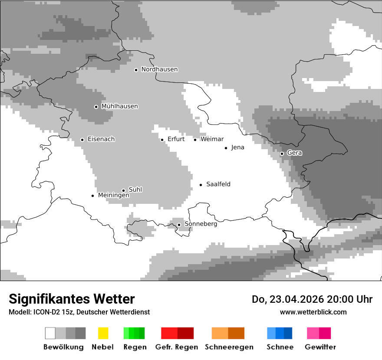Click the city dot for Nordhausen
pyautogui.click(x=136, y=70)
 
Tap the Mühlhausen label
pyautogui.click(x=119, y=106)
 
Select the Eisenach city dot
pyautogui.click(x=82, y=140)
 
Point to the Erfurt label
pyautogui.click(x=176, y=139)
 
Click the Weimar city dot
pyautogui.click(x=195, y=140)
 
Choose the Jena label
pyautogui.click(x=237, y=147)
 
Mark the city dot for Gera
pyautogui.click(x=282, y=154)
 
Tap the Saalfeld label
pyautogui.click(x=218, y=184)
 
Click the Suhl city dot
pyautogui.click(x=123, y=190)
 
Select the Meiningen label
pyautogui.click(x=113, y=195)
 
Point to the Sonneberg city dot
pyautogui.click(x=179, y=225)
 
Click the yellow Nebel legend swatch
pyautogui.click(x=103, y=333)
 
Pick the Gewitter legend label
pyautogui.click(x=320, y=347)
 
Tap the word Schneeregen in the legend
pyautogui.click(x=229, y=347)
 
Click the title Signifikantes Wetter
pyautogui.click(x=72, y=299)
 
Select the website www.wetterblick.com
pyautogui.click(x=313, y=312)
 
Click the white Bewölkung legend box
pyautogui.click(x=50, y=333)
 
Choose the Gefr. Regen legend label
pyautogui.click(x=176, y=347)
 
